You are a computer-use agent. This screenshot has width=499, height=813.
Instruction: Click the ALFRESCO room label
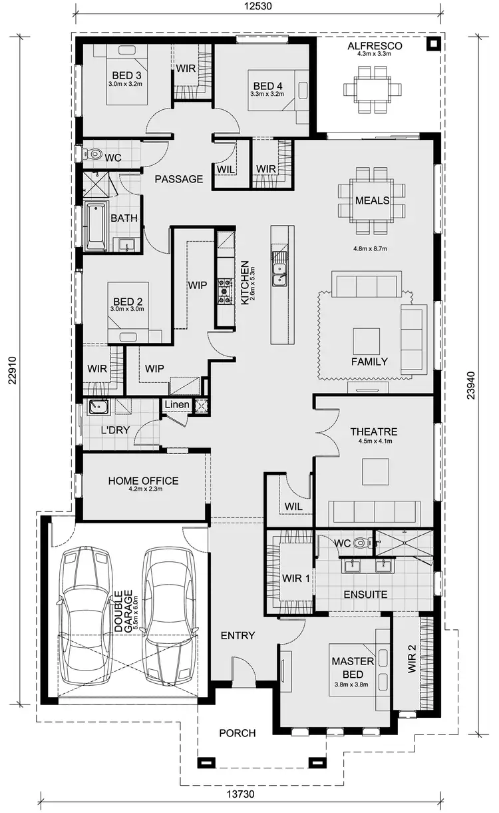point(375,45)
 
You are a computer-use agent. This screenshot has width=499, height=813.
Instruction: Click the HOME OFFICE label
point(143,481)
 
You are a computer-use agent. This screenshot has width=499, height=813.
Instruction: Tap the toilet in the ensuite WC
point(361,543)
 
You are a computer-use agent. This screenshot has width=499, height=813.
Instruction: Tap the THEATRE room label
point(373,431)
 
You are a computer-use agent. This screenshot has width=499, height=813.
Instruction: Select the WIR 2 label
point(413,659)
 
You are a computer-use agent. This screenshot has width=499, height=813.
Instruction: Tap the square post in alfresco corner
point(433,45)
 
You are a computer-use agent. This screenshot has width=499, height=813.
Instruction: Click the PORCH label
point(238,733)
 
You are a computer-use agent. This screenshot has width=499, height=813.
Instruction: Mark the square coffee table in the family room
point(366,341)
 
